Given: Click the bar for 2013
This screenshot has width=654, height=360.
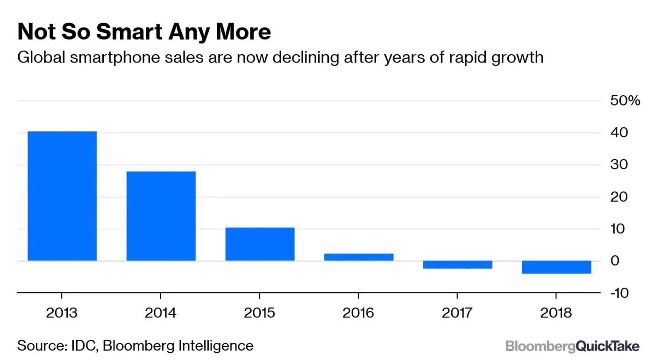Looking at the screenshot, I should tap(62, 196).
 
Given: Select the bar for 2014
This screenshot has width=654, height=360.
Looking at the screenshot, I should tap(161, 216).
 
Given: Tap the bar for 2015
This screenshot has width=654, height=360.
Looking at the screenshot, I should tap(260, 244).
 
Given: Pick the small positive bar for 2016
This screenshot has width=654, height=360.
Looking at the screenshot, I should tap(359, 257).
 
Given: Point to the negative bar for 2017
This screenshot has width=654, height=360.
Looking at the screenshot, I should tap(457, 265).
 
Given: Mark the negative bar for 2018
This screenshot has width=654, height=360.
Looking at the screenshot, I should tap(556, 267).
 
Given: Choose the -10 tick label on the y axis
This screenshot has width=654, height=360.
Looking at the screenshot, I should tap(619, 293).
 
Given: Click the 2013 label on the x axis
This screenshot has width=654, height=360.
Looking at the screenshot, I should tap(62, 312).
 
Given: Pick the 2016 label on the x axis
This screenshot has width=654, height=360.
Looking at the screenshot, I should tap(358, 312).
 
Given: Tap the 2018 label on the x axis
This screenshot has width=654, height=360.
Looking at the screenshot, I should tap(556, 312).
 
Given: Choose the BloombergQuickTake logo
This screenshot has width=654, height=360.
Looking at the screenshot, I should tap(572, 346).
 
